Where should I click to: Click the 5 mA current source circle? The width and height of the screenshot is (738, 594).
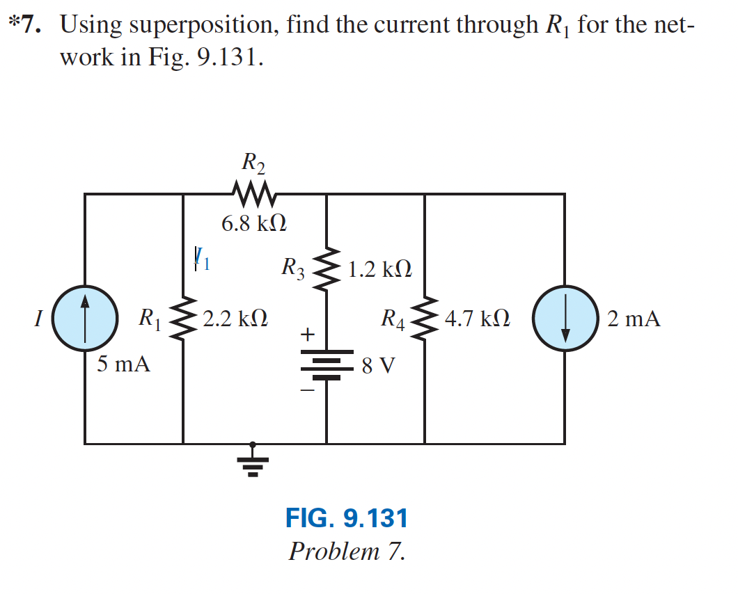(x=85, y=319)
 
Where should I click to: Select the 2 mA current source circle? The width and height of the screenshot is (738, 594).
(x=565, y=319)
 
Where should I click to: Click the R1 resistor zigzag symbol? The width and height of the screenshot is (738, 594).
(x=183, y=319)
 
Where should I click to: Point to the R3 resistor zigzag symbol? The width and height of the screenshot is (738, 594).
(x=327, y=268)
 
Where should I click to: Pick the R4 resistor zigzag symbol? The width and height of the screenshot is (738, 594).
(x=425, y=319)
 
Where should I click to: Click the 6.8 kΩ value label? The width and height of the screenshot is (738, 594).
(x=254, y=224)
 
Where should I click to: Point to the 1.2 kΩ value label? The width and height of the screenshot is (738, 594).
(x=379, y=268)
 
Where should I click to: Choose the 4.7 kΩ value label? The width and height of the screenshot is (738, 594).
(x=478, y=319)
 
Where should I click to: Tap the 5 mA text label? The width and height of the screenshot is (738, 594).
(x=123, y=364)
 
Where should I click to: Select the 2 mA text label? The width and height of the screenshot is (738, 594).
(x=633, y=319)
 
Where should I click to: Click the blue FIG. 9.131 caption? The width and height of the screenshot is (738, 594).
(x=346, y=518)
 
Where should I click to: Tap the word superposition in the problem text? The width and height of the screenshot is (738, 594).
(x=204, y=25)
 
